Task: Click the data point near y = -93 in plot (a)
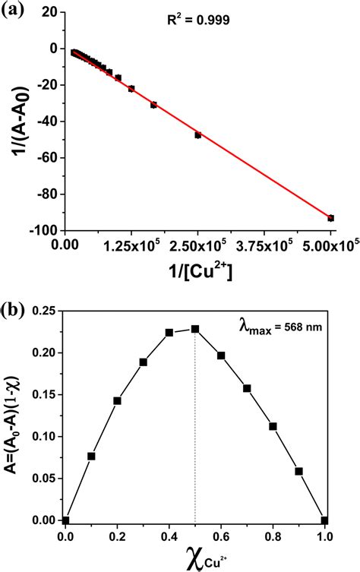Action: [x=331, y=218]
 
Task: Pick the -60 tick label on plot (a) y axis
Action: [x=48, y=157]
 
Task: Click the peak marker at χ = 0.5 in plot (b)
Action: [x=195, y=329]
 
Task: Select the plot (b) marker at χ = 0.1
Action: [x=91, y=456]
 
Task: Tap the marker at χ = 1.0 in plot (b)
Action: [x=324, y=520]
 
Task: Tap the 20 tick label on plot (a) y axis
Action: [x=49, y=11]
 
